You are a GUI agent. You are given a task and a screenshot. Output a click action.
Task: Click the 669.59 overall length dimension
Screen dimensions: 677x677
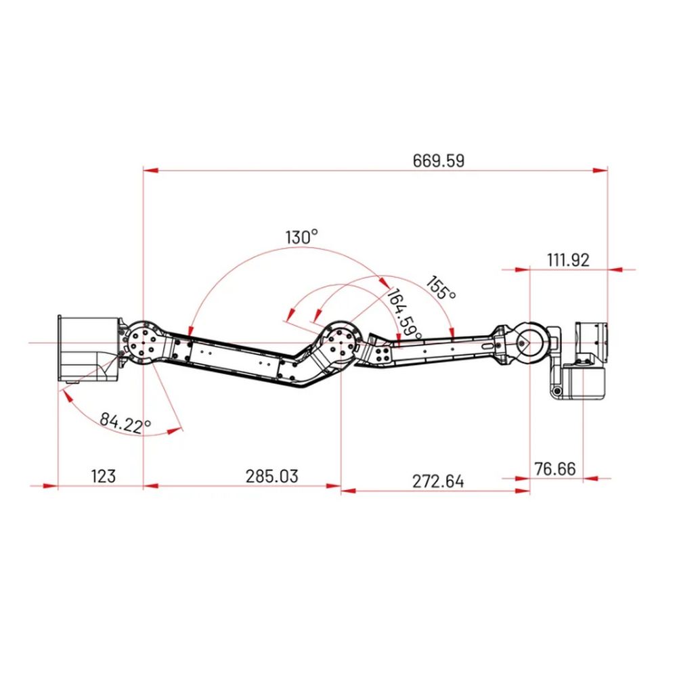pyautogui.click(x=439, y=160)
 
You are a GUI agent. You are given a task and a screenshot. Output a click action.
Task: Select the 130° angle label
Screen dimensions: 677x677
pyautogui.click(x=302, y=237)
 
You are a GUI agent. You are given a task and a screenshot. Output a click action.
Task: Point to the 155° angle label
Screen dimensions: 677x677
pyautogui.click(x=441, y=288)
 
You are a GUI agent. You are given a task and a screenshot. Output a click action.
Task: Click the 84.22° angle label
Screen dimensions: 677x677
pyautogui.click(x=125, y=422)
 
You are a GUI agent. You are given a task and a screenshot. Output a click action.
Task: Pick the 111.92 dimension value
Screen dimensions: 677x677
pyautogui.click(x=568, y=261)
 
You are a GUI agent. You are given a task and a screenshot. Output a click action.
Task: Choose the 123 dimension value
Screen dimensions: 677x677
pyautogui.click(x=104, y=476)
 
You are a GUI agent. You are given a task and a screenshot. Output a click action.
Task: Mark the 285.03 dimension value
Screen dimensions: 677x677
pyautogui.click(x=272, y=476)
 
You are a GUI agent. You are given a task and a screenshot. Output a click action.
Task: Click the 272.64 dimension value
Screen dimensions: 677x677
pyautogui.click(x=438, y=481)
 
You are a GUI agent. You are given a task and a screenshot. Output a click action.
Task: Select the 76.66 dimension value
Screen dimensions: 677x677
pyautogui.click(x=555, y=469)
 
